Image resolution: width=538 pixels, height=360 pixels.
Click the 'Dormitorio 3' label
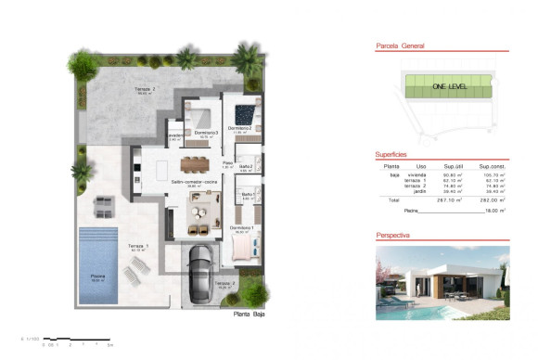coord(205,134)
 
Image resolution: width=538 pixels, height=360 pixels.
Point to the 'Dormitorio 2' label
coord(241,127)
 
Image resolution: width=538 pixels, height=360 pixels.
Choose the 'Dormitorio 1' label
coord(243,228)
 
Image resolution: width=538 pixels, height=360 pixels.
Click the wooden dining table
coord(196,163)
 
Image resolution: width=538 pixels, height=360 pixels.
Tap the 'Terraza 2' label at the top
coord(145,88)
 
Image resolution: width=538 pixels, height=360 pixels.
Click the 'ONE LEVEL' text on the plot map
coord(447,86)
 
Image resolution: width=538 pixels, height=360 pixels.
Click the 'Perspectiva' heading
coord(394,236)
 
